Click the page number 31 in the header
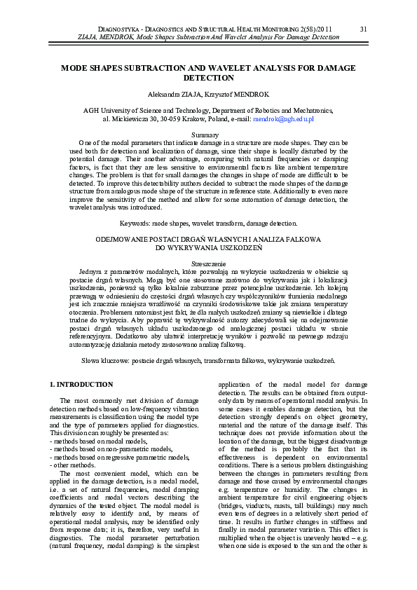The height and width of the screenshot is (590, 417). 363,29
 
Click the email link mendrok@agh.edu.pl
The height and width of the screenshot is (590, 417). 284,119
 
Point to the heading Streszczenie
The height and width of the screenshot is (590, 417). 208,261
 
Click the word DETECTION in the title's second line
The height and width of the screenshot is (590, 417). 208,78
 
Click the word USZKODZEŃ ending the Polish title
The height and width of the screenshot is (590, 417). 236,247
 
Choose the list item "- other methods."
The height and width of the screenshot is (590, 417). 76,465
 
